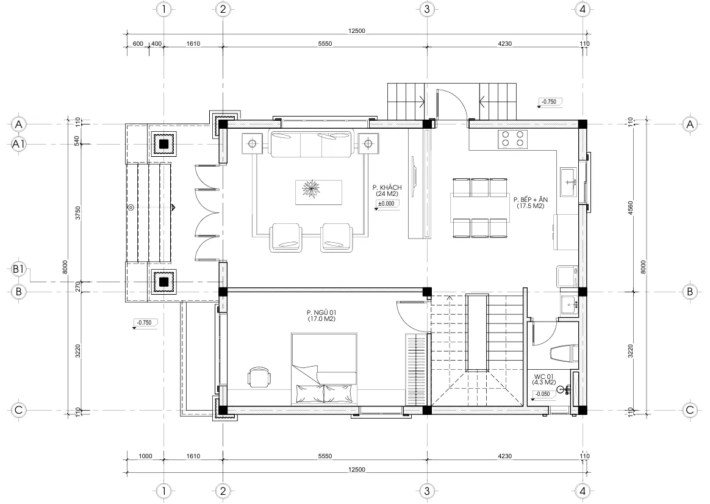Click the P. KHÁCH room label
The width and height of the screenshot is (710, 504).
pos(387,187)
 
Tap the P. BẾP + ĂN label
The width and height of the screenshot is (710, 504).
pos(531,200)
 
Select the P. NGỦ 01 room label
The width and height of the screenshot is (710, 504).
pos(321,312)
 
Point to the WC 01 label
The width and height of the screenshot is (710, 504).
pos(544,376)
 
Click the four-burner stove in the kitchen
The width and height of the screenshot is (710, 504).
pos(512,139)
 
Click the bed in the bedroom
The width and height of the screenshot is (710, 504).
pos(324,369)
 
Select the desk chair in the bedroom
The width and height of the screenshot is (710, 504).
pos(259,377)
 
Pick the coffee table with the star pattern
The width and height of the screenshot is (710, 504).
pos(318,192)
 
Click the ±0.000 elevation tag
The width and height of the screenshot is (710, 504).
pos(388,204)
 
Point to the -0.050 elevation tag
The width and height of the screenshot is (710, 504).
pos(542,394)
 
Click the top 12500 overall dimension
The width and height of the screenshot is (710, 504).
pos(357,31)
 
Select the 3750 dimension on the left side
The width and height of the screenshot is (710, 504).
pos(78,213)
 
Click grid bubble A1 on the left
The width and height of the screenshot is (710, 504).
pos(18,144)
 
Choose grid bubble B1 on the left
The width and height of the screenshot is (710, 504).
pos(18,270)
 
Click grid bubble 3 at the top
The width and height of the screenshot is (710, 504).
pos(426,9)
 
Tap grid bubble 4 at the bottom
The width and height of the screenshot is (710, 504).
pos(583,491)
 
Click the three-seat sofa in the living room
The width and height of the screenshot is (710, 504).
pos(311,144)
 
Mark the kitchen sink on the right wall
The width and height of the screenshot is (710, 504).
pos(568,182)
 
